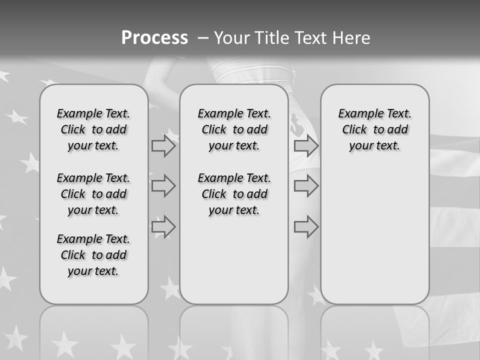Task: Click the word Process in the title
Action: [154, 38]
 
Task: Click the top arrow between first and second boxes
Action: [163, 146]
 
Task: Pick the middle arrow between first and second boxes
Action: [163, 186]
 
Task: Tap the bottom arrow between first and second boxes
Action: [163, 227]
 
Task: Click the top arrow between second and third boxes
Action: [306, 146]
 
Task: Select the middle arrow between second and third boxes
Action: [306, 186]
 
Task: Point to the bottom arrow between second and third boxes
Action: [306, 227]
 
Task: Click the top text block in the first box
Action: [93, 129]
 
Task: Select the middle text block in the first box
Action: [93, 194]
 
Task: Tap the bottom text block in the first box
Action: [93, 255]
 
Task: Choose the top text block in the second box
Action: [234, 129]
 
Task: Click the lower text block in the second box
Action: [234, 194]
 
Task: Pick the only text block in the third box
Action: [375, 129]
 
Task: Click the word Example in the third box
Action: [357, 114]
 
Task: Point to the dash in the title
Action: [203, 38]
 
